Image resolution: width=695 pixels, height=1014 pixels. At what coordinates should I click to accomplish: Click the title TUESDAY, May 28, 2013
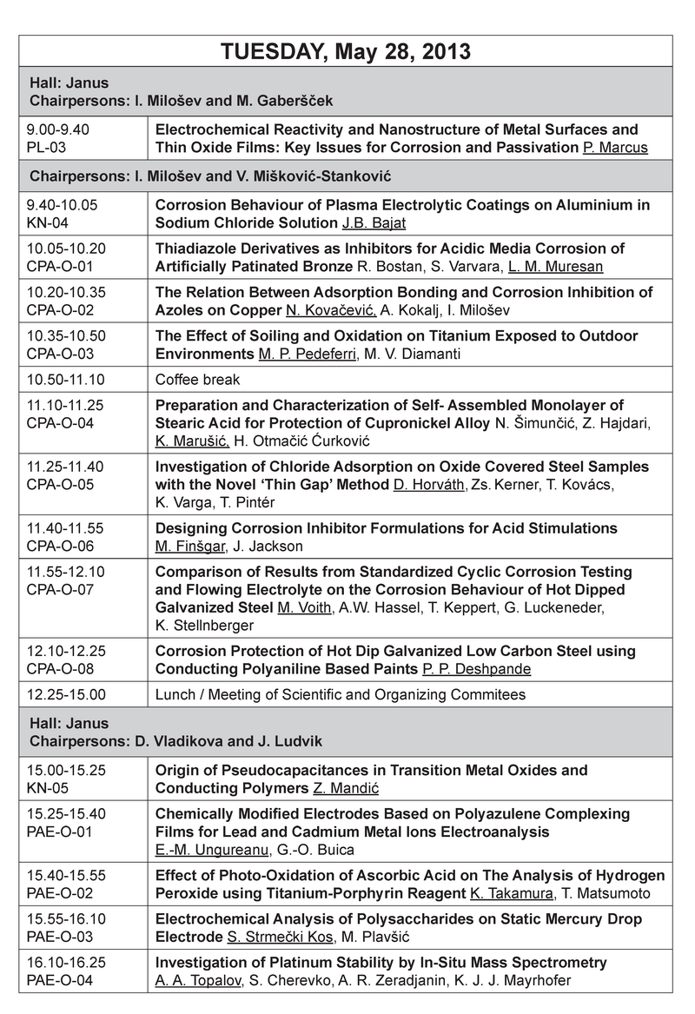pyautogui.click(x=347, y=52)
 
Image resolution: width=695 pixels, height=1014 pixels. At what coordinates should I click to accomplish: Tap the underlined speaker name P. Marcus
pyautogui.click(x=616, y=147)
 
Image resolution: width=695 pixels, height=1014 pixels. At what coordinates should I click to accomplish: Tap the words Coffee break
pyautogui.click(x=197, y=380)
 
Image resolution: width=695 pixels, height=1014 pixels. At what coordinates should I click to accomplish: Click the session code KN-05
pyautogui.click(x=49, y=789)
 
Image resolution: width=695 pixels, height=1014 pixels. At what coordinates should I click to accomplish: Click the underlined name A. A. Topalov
pyautogui.click(x=195, y=980)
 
